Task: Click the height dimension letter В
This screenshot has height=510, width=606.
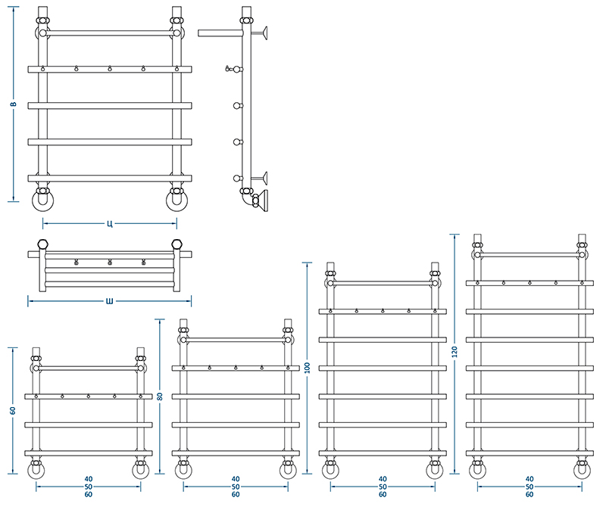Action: pos(13,104)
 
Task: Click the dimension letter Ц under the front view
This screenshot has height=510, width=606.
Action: pos(110,223)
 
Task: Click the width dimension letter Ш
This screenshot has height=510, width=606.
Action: pos(110,301)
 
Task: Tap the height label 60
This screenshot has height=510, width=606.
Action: pos(13,411)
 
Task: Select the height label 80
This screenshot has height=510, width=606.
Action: pos(160,396)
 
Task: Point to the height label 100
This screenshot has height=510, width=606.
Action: pos(308,368)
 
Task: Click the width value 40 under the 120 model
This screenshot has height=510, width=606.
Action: pos(529,479)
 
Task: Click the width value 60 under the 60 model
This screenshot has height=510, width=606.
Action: pos(89,495)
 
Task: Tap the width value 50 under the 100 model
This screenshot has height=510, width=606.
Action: pos(383,487)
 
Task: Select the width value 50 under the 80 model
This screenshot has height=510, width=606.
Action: pos(236,487)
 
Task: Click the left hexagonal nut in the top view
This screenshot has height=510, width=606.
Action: pos(43,244)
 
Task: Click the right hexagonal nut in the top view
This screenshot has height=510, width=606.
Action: pos(176,244)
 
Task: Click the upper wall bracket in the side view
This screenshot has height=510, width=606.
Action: pos(260,33)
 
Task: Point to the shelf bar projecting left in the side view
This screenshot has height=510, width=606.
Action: pos(220,33)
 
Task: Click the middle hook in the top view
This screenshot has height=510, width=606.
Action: pos(110,263)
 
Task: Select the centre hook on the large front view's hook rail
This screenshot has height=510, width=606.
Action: pos(110,69)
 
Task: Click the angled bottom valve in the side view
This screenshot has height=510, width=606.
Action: pos(260,201)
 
